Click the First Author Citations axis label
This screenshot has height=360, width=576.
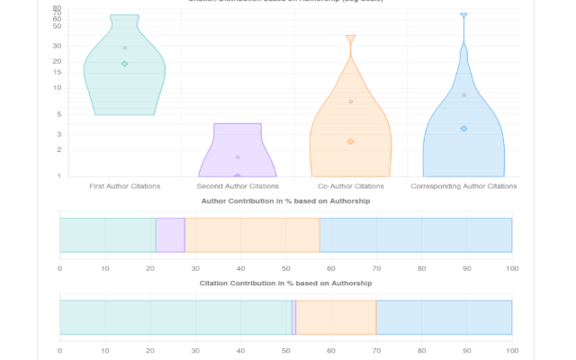(125, 186)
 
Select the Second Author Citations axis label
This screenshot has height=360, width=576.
(238, 186)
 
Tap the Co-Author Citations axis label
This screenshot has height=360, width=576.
(350, 186)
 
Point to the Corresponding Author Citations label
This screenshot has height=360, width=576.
(463, 186)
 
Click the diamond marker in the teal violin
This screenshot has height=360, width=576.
(125, 64)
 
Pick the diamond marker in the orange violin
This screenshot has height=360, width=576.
(350, 141)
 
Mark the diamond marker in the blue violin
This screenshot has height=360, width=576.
(463, 129)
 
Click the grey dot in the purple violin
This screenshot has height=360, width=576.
(238, 157)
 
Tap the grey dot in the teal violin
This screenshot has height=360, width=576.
(125, 48)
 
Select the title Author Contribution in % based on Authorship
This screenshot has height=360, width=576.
(285, 202)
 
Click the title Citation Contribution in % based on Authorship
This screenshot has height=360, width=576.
(285, 283)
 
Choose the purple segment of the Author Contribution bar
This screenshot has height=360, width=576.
(170, 235)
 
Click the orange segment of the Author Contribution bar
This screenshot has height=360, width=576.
(252, 235)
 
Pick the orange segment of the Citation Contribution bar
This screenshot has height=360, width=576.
(336, 317)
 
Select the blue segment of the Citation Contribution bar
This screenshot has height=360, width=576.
(444, 317)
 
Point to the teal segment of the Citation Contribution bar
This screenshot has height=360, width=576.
(175, 317)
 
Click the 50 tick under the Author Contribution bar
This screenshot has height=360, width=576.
(285, 268)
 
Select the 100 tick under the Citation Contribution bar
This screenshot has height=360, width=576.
(511, 350)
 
